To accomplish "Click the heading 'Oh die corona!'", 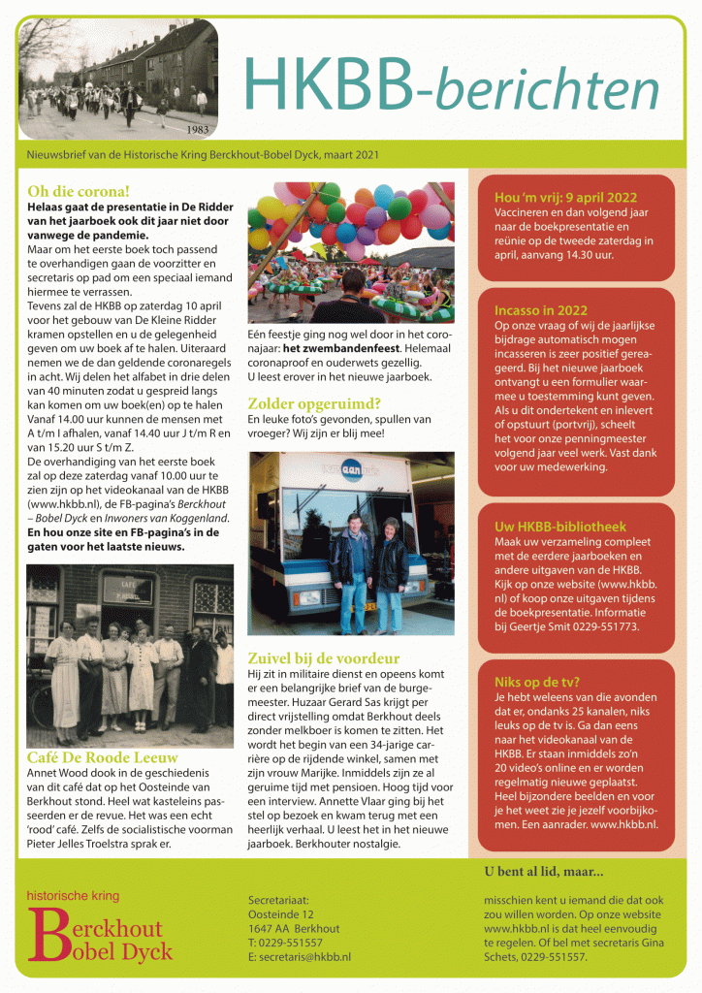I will (x=79, y=191).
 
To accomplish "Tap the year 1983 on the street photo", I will (x=198, y=128).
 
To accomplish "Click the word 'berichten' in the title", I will (x=548, y=88).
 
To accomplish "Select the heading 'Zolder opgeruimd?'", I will (x=313, y=402).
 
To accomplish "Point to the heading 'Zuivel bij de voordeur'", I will (x=327, y=657).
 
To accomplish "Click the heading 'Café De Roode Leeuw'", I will (x=101, y=757).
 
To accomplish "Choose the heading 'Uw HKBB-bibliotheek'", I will (x=560, y=527).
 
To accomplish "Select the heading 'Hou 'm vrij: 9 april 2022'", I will (x=565, y=197).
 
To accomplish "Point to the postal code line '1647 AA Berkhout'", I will (x=294, y=928).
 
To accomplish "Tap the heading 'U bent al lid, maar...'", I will (x=543, y=871).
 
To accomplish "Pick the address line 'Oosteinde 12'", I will (x=281, y=913).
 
